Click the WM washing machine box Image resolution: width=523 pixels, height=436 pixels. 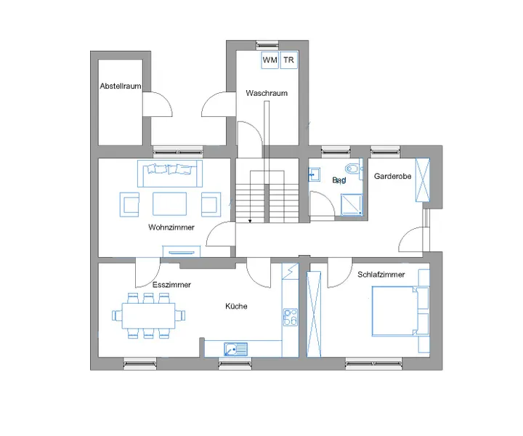269,59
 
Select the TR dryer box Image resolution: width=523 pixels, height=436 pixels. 289,59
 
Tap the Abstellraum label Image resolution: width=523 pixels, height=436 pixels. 120,86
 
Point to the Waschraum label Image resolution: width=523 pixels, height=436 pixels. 267,93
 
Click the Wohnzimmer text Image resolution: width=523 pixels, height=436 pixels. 171,227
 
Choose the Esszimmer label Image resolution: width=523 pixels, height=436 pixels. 171,285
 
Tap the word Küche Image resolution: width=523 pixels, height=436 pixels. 236,306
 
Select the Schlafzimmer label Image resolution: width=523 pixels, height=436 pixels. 381,275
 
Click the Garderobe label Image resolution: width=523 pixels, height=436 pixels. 393,177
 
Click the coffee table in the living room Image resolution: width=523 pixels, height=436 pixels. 171,203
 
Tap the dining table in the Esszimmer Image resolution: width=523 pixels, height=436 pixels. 148,315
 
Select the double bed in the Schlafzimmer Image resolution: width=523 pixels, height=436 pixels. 396,311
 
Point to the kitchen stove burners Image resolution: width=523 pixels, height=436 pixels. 290,317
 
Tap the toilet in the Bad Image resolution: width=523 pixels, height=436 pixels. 353,171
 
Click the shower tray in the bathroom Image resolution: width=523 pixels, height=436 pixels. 352,204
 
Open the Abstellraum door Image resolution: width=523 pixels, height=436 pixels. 155,105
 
